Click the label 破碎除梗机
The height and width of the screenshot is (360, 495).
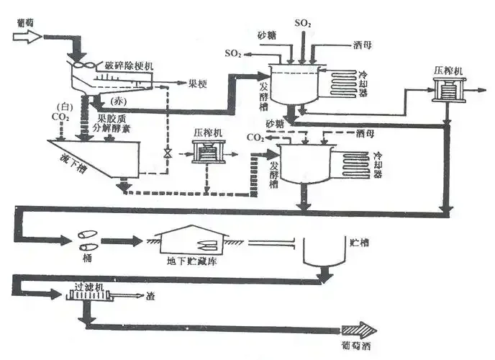pyautogui.click(x=130, y=66)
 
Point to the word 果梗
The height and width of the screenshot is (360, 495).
pyautogui.click(x=197, y=84)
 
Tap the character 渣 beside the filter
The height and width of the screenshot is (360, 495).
pyautogui.click(x=150, y=295)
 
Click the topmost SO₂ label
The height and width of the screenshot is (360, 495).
pyautogui.click(x=303, y=24)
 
